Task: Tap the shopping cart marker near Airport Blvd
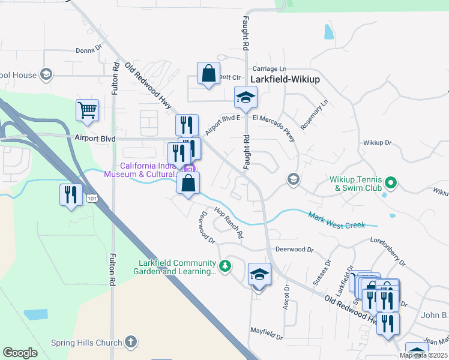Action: (x=87, y=110)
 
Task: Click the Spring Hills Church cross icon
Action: (x=130, y=343)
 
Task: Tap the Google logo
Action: (x=20, y=353)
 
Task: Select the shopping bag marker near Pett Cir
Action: (x=208, y=74)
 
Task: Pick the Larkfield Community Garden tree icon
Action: (x=224, y=265)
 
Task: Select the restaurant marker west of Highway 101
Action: (x=71, y=194)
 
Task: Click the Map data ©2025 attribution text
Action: (x=423, y=355)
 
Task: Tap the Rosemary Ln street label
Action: (x=315, y=114)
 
